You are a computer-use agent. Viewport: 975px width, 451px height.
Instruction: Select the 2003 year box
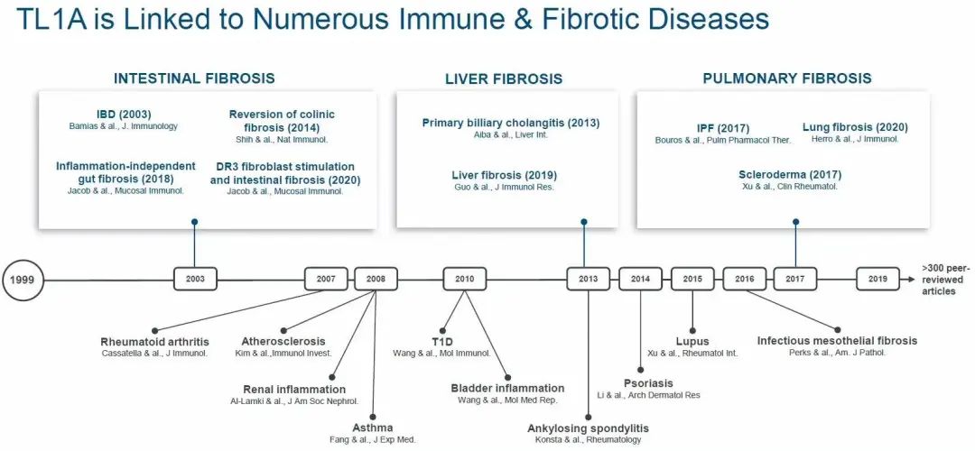[x=195, y=280]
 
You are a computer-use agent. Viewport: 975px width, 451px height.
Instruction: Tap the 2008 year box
[x=376, y=280]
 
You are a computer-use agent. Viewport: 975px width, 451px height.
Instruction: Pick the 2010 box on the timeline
[x=464, y=280]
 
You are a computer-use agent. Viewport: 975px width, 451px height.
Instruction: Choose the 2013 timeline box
[x=588, y=280]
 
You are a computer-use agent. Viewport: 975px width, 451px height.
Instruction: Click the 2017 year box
[x=794, y=280]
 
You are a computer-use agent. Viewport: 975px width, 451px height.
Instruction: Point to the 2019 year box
[x=877, y=280]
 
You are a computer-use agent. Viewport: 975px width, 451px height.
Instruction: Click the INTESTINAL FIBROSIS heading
[x=194, y=78]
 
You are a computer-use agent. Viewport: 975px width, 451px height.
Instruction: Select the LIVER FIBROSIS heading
[x=504, y=79]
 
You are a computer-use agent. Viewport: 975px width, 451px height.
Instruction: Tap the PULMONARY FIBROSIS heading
[x=787, y=78]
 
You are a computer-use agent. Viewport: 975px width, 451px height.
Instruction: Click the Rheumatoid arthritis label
[x=154, y=342]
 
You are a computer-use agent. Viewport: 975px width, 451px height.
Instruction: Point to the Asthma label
[x=372, y=428]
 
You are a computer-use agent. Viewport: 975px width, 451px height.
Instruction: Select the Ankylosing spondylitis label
[x=588, y=428]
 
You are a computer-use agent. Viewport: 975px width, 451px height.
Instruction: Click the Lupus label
[x=692, y=342]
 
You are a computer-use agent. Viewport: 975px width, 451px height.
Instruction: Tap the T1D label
[x=441, y=342]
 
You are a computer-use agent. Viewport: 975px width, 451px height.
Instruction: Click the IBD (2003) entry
[x=124, y=115]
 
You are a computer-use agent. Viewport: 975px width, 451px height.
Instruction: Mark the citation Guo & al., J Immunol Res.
[x=504, y=187]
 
